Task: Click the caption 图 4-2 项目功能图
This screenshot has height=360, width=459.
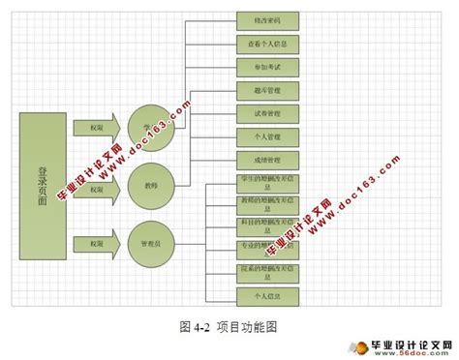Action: pos(229,326)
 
